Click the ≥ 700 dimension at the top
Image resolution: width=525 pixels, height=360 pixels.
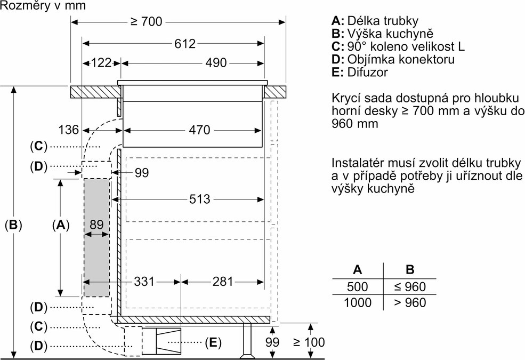point(146,22)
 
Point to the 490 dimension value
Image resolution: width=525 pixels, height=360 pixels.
point(216,63)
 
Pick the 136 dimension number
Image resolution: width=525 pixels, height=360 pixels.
point(69,130)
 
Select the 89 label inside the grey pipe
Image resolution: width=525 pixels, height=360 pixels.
point(96,225)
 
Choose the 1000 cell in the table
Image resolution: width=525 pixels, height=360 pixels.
point(357,302)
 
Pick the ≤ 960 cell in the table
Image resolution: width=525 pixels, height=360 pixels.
point(410,286)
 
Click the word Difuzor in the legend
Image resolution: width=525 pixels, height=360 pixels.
point(367,72)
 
